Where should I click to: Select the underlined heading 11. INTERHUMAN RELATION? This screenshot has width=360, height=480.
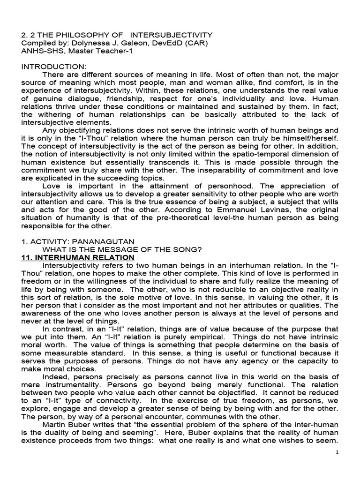click(x=78, y=258)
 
